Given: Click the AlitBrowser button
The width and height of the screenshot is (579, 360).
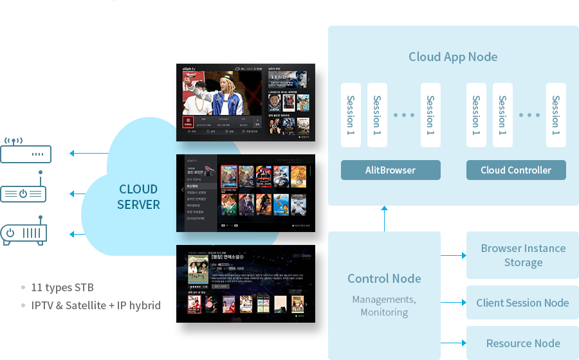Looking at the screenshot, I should pos(391,170).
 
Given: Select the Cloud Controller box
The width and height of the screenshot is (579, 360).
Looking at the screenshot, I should pos(516,170).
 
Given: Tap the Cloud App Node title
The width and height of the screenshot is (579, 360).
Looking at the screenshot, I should pos(453,57).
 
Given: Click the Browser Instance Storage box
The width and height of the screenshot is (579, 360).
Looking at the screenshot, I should pos(523,255).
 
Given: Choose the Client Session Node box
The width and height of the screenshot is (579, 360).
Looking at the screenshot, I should pos(522,303).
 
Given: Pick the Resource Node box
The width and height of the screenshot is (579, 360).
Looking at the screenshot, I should pos(523,343).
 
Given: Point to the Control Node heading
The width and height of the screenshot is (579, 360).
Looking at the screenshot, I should pos(384,278).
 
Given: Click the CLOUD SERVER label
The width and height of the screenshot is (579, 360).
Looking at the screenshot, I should pos(138,197).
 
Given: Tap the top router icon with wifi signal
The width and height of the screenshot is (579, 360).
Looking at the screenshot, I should pos(26,151).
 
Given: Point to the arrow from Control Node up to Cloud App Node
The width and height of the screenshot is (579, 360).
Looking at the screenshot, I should pos(384,219).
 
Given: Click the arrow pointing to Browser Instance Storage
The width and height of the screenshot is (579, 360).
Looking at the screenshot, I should pos(453,255).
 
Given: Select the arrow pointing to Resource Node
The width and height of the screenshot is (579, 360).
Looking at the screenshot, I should pos(453,343).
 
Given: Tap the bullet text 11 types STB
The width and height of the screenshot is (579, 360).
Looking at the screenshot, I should pos(62,287).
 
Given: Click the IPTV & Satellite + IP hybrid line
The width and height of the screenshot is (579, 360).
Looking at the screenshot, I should pos(96,305).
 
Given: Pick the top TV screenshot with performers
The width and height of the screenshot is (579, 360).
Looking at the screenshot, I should pos(246,102).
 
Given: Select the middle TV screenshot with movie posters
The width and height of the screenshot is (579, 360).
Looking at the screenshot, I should pos(246,193).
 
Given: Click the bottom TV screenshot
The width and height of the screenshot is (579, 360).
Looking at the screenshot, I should pos(246,283).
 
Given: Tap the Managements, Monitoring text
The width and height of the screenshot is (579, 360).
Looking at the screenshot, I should pos(384,306).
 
